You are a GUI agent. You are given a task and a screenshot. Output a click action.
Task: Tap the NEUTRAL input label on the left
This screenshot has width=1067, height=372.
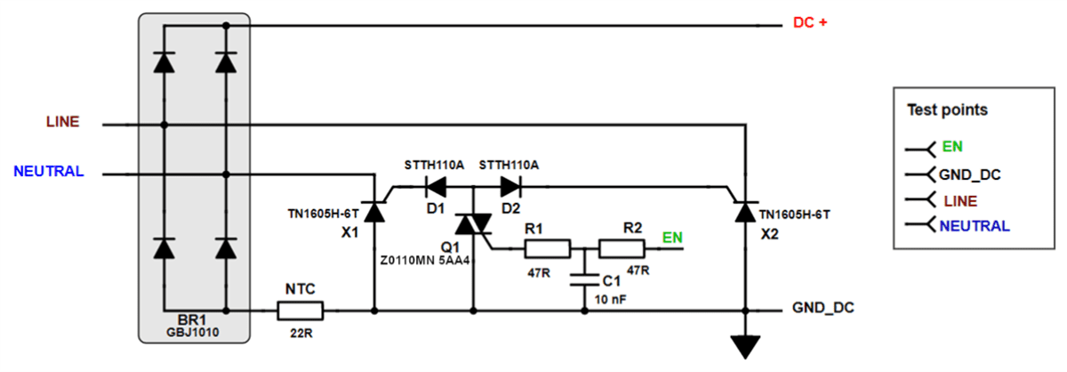[49, 171]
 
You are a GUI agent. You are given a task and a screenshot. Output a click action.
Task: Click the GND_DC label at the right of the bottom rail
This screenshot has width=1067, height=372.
[823, 308]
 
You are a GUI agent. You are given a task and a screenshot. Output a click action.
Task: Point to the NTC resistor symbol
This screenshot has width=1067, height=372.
[300, 311]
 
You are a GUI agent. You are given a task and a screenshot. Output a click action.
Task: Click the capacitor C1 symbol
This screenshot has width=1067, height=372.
[584, 279]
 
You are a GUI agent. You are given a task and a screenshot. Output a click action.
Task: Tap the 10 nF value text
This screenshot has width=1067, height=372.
[614, 299]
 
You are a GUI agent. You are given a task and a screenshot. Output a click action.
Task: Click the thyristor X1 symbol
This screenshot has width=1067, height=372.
[374, 211]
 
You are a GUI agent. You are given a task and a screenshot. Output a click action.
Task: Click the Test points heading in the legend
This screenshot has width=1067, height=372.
[947, 110]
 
